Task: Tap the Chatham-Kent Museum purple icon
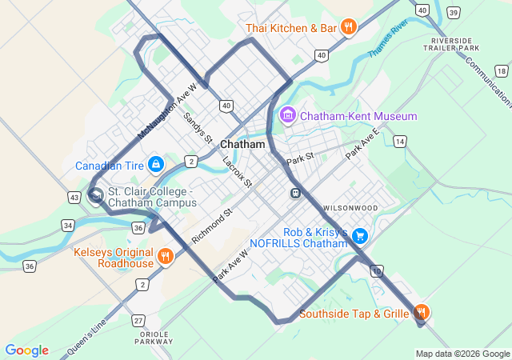click(287, 116)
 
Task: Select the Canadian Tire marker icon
click(156, 166)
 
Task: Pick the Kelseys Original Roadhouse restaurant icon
click(165, 257)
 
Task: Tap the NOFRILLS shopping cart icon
click(360, 235)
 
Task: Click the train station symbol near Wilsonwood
click(295, 193)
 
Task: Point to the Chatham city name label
click(242, 145)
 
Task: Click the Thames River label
click(388, 38)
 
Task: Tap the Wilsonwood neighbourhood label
click(350, 208)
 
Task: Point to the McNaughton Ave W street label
click(167, 111)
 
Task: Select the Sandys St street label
click(198, 128)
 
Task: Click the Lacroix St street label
click(237, 172)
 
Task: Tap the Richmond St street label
click(211, 226)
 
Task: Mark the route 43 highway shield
click(74, 197)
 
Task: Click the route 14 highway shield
click(399, 141)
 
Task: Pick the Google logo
click(26, 350)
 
